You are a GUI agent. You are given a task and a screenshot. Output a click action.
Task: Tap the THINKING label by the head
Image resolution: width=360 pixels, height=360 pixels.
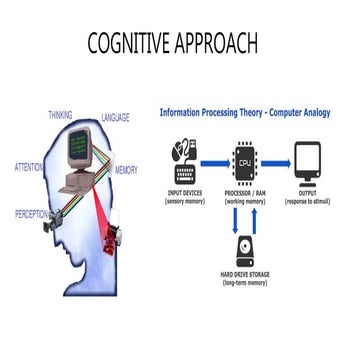point(60,116)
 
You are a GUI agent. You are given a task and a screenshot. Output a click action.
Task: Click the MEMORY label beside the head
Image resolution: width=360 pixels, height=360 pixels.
point(127,169)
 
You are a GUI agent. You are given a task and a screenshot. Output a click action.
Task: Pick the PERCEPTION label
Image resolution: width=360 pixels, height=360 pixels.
point(37,213)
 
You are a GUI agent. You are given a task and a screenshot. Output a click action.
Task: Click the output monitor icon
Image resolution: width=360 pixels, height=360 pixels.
point(308,160)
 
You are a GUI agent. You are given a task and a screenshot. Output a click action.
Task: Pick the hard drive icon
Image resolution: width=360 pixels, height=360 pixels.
point(246,251)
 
